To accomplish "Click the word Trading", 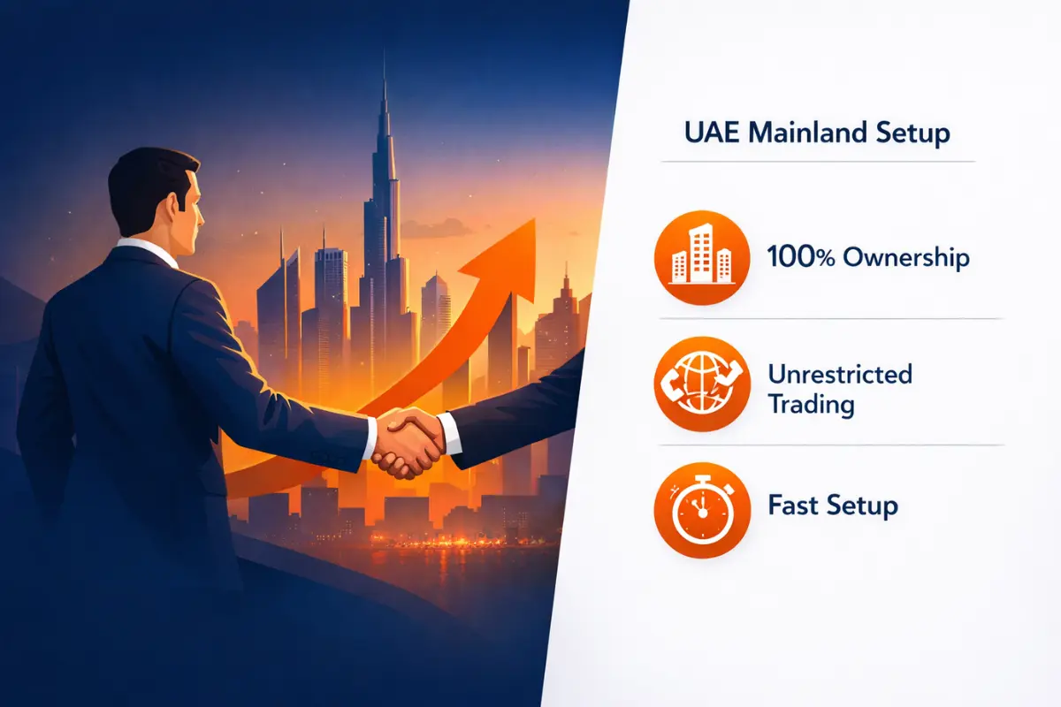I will [811, 405].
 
